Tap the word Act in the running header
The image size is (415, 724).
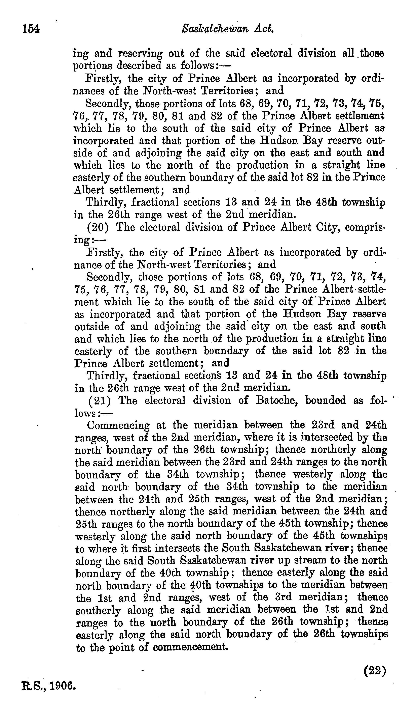coord(265,29)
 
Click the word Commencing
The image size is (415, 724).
coord(118,426)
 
